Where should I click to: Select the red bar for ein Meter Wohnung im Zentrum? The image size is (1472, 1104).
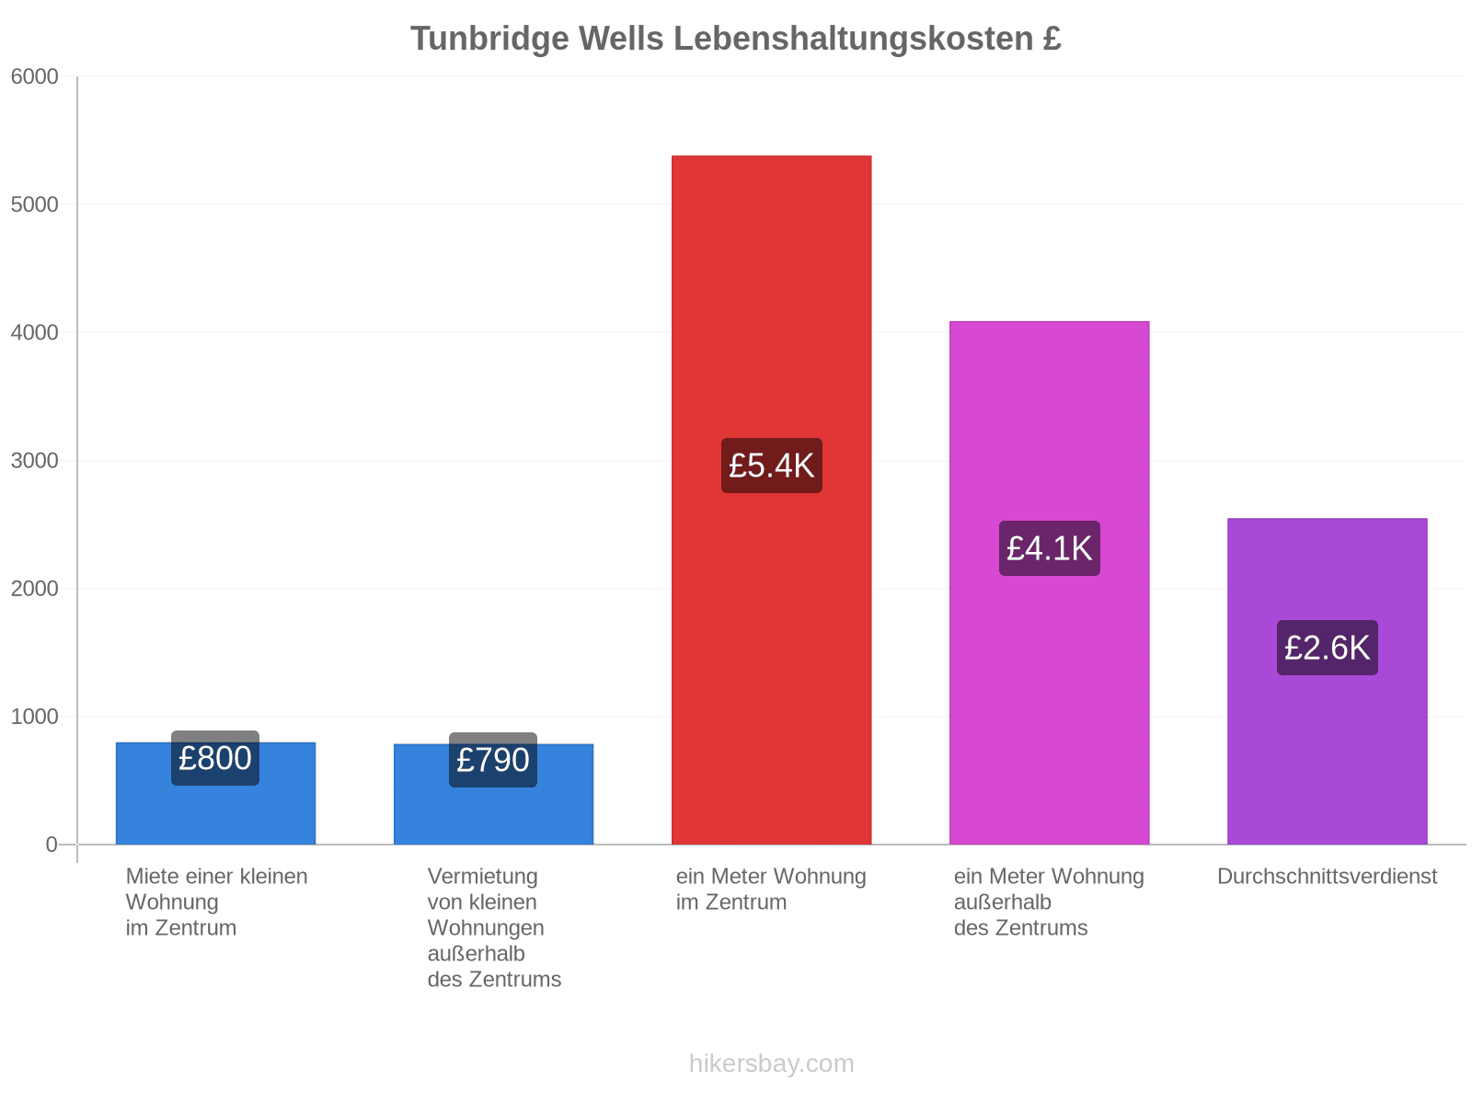[771, 500]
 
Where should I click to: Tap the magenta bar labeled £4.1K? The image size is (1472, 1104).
[1049, 582]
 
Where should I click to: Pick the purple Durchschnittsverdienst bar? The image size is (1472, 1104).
[1327, 681]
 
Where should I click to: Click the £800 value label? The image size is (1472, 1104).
[215, 758]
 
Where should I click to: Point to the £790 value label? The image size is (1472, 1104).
[493, 760]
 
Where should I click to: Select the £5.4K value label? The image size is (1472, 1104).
[771, 466]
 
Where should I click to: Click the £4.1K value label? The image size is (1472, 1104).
[1049, 548]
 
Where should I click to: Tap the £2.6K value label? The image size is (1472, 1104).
[1327, 648]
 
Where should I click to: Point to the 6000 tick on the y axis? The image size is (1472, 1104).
[34, 76]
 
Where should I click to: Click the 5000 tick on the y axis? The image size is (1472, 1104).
[34, 204]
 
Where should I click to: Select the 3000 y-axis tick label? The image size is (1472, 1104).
[34, 461]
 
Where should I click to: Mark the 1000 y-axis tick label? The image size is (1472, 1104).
[34, 717]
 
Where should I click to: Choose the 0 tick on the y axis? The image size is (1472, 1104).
[52, 845]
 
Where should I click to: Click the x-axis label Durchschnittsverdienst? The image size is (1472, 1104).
[1327, 876]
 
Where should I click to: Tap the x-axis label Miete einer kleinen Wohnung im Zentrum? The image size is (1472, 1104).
[216, 902]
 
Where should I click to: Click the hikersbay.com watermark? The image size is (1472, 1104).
[771, 1064]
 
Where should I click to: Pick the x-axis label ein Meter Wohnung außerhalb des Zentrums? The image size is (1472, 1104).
[1049, 902]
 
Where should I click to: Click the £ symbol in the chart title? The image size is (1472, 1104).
[1051, 39]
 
